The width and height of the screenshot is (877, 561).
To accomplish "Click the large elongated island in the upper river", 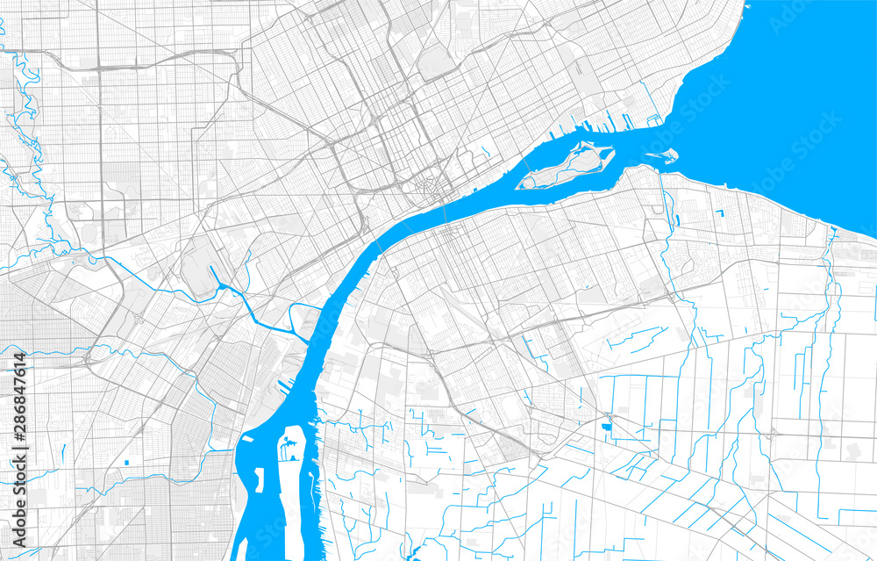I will point(566,167).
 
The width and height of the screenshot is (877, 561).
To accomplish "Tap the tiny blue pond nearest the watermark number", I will point(128,462).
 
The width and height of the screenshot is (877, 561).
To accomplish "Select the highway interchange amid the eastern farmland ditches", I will point(772,432).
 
